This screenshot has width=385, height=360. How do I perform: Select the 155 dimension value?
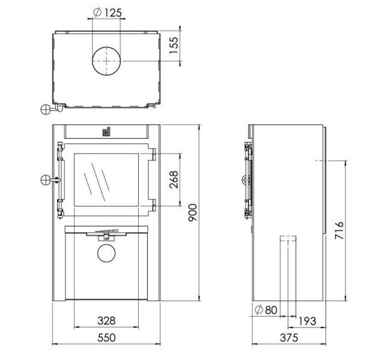click(174, 45)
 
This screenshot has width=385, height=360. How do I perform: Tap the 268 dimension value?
click(174, 179)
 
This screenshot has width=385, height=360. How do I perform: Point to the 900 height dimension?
click(193, 213)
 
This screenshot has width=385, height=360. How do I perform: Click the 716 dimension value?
click(339, 231)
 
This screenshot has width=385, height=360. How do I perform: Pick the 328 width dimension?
click(106, 320)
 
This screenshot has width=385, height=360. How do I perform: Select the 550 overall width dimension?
click(106, 338)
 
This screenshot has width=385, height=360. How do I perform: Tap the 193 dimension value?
click(307, 322)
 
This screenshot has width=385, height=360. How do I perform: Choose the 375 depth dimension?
click(288, 338)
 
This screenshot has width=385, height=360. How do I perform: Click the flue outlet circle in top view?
click(106, 62)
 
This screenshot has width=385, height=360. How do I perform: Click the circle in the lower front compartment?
click(106, 253)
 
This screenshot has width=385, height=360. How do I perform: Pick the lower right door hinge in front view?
click(153, 206)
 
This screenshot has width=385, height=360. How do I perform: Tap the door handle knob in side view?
click(244, 179)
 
